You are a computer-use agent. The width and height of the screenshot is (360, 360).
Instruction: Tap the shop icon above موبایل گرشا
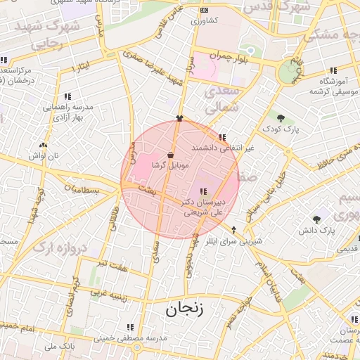171,154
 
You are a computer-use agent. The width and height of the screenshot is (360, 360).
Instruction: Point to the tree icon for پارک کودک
281,118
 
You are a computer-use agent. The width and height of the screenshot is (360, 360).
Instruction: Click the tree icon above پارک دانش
316,219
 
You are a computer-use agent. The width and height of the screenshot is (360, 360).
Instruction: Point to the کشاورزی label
204,21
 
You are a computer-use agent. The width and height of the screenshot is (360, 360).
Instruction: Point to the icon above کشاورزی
204,11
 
